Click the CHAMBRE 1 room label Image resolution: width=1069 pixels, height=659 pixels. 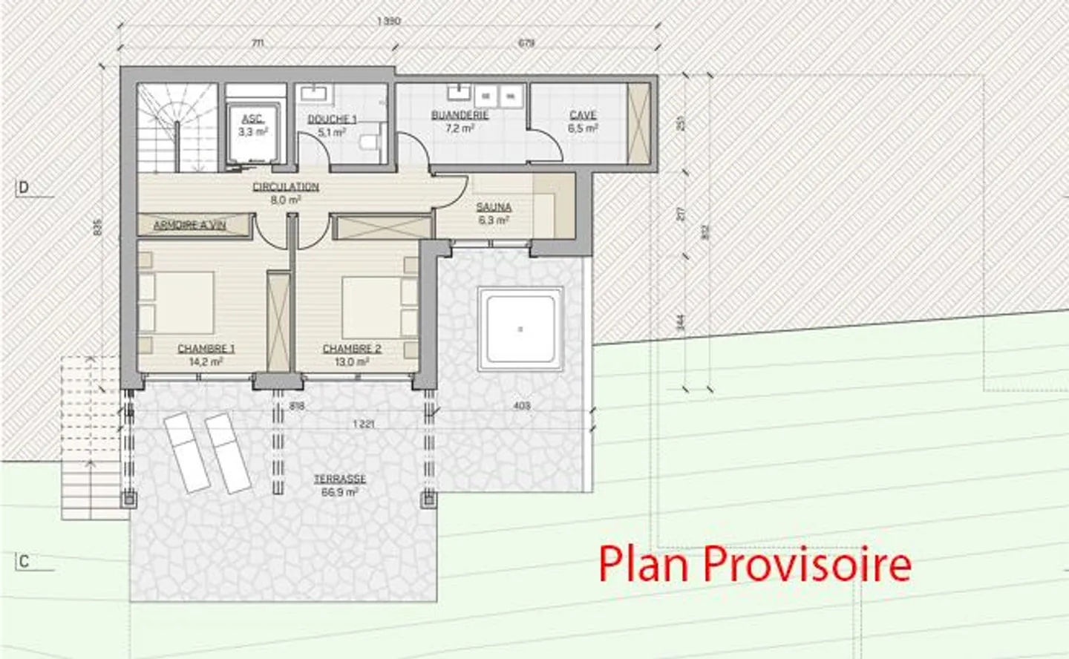point(206,349)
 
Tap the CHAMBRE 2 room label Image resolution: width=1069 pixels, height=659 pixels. point(352,349)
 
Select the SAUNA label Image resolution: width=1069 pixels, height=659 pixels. point(494,208)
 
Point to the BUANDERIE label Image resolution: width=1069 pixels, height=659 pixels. point(460,115)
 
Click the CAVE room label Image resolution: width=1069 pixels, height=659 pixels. point(583,115)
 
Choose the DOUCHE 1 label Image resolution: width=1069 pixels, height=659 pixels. point(332,119)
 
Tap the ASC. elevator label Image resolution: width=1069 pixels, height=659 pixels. point(252,119)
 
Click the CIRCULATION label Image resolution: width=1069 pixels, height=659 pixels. point(286,187)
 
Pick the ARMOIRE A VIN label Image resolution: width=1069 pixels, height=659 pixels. point(189,225)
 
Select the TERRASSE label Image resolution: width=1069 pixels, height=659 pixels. point(339,479)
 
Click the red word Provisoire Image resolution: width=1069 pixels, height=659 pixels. point(807,564)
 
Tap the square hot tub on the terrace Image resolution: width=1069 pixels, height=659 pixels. point(520,329)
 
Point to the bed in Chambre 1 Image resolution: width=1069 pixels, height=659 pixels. point(178,305)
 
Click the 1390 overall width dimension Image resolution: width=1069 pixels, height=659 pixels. point(389,21)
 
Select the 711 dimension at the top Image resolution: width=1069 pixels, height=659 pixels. point(257,43)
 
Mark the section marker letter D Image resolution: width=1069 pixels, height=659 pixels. point(24,187)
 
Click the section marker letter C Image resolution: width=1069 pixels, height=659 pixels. point(24,561)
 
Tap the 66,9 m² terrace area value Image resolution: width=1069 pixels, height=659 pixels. point(339,492)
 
